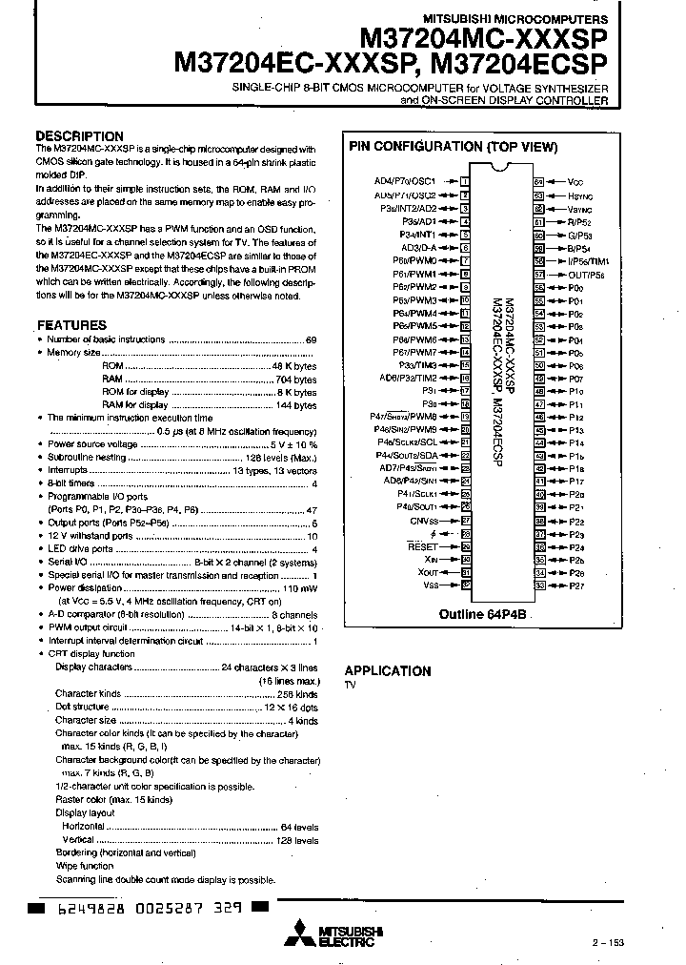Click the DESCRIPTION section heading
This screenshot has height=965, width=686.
coord(79,136)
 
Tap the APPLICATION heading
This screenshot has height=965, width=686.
coord(387,670)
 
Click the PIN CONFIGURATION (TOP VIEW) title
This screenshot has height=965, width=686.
coord(453,147)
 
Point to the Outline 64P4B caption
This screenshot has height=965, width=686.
coord(482,615)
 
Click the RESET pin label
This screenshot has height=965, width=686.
coord(422,546)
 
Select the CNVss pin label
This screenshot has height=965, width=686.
coord(424,521)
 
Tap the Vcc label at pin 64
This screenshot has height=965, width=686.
coord(575,181)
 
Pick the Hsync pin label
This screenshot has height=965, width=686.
coord(580,195)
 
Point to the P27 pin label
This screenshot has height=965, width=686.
coord(576,585)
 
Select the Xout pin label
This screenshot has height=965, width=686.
coord(428,572)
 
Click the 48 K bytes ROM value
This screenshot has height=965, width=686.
coord(293,366)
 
